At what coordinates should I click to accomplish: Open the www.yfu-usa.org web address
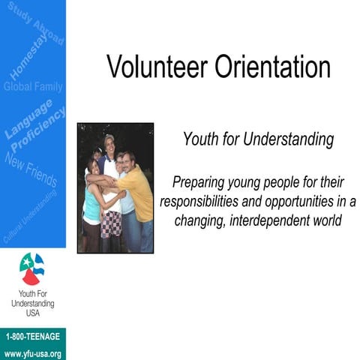(32, 352)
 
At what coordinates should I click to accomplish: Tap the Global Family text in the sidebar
(33, 87)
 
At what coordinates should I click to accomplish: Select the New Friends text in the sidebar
(31, 168)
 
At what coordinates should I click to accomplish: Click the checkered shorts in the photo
(111, 223)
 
